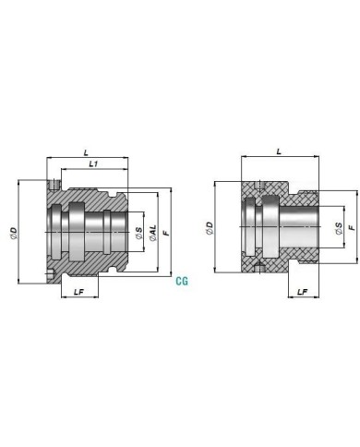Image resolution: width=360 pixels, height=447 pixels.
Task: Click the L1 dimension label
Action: (x=93, y=164)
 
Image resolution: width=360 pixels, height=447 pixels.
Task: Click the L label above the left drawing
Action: (x=87, y=152)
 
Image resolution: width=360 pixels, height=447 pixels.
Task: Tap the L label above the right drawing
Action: (x=279, y=151)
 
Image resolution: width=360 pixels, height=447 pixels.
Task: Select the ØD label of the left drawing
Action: (x=13, y=234)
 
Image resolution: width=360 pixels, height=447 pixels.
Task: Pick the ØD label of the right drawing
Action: (x=210, y=228)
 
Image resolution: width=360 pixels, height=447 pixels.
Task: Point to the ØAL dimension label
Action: (x=152, y=233)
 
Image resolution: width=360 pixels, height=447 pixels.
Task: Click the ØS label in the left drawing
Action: (x=139, y=233)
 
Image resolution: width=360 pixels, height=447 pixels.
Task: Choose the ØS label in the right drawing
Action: (x=339, y=228)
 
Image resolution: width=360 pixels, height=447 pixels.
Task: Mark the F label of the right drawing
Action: (x=352, y=228)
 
